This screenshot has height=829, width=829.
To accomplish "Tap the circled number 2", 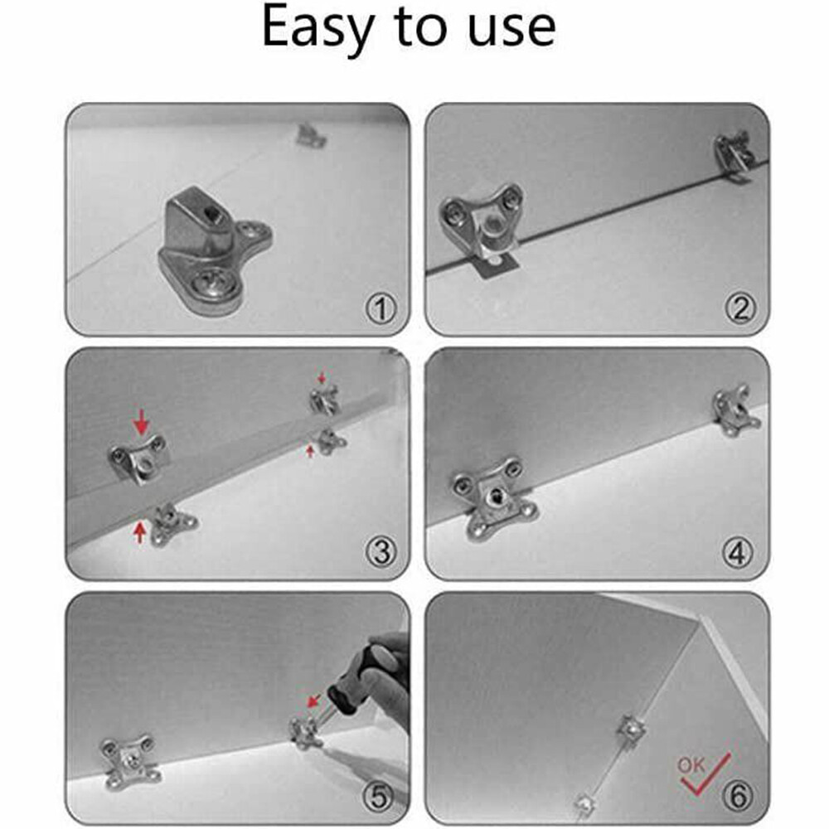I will tap(740, 309).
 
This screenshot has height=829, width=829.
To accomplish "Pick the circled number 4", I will tap(740, 553).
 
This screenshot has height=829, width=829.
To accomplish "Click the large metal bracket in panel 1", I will tap(212, 248).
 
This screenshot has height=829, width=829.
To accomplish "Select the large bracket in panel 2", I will tap(482, 221).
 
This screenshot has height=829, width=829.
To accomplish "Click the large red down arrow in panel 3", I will tap(142, 425).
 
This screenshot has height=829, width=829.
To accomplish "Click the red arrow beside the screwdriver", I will tap(314, 701).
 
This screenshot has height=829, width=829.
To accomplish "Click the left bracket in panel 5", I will tap(128, 760).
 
